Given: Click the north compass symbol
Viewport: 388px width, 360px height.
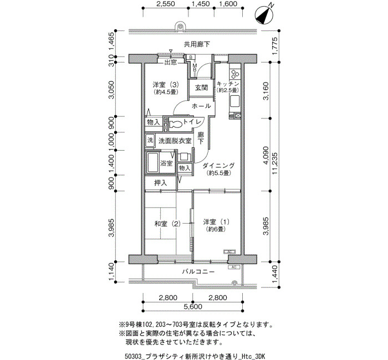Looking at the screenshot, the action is click(264, 15).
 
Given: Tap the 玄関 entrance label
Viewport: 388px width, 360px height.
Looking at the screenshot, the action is click(201, 88).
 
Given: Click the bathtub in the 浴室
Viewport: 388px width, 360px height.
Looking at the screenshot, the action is click(152, 162).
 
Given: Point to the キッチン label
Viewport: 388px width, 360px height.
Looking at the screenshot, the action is click(228, 84).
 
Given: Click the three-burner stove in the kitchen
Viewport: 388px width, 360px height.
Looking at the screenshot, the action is click(235, 73).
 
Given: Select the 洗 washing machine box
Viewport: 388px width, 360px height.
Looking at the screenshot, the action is click(150, 141).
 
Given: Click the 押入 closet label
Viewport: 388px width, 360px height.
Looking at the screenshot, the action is click(161, 183).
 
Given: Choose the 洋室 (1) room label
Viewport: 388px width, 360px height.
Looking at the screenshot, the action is click(216, 222).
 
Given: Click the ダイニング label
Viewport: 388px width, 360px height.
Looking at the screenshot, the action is click(218, 166).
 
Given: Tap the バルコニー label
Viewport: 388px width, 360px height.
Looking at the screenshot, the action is click(198, 272).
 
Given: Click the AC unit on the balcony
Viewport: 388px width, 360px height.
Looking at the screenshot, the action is click(233, 267).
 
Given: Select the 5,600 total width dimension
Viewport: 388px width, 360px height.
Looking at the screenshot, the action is click(193, 307).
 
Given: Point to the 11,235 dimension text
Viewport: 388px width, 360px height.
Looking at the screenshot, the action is click(274, 163).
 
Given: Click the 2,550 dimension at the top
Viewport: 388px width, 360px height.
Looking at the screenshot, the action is click(166, 4).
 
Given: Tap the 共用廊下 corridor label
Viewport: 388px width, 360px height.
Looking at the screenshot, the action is click(197, 44).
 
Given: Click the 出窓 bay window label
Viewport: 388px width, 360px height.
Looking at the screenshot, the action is click(171, 62).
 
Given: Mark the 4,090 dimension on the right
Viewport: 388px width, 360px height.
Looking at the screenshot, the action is click(266, 156).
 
